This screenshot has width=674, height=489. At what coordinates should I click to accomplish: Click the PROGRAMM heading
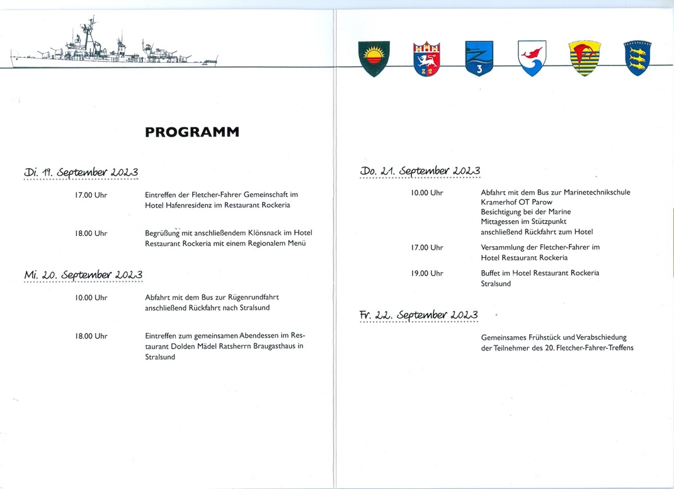[x=192, y=132]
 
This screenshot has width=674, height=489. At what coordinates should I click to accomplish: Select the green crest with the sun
[x=374, y=58]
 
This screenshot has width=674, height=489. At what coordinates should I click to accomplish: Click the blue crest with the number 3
[x=479, y=59]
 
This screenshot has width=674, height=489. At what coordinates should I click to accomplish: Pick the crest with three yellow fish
[x=637, y=58]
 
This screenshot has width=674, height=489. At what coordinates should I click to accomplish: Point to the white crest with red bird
[x=532, y=58]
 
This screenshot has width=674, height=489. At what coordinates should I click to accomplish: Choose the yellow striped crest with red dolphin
[x=584, y=58]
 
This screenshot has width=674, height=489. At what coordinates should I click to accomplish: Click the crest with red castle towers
[x=426, y=59]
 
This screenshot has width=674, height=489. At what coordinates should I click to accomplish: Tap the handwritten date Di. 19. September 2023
[x=81, y=172]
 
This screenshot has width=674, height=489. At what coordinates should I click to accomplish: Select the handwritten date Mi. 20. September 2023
[x=83, y=274]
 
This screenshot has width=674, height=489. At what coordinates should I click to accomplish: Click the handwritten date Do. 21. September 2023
[x=420, y=171]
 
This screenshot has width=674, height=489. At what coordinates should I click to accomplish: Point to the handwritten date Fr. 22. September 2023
[x=419, y=315]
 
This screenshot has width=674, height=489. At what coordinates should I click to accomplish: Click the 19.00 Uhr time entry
[x=427, y=273]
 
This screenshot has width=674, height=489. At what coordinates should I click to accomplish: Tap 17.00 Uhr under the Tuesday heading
[x=91, y=195]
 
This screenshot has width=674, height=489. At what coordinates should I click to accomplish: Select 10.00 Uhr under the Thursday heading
[x=427, y=193]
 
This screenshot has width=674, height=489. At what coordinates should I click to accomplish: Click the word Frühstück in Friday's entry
[x=545, y=337]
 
